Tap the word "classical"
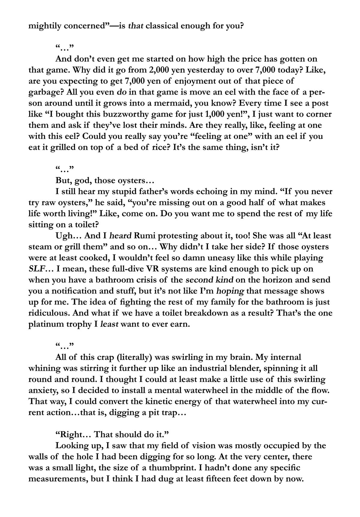click(x=163, y=26)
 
